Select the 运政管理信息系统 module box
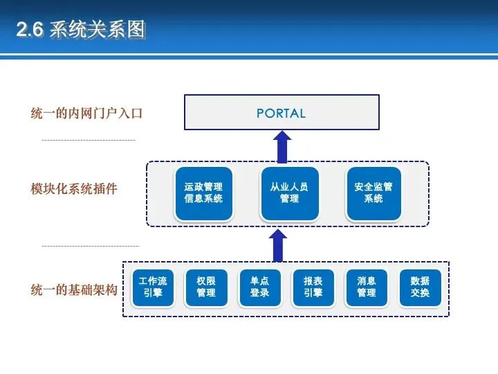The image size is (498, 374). pos(204,193)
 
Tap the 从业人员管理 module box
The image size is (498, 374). pos(289,193)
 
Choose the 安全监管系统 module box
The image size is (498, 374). pos(373,193)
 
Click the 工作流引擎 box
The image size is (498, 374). pos(152,287)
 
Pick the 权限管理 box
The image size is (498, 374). pos(206,287)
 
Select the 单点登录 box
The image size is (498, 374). pos(259,287)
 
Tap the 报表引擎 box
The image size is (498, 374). pos(313,287)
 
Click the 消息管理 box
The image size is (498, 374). pos(367,287)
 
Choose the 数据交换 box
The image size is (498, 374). pos(420,287)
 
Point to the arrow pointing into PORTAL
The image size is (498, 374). pos(282,147)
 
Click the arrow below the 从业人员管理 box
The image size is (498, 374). pos(277,245)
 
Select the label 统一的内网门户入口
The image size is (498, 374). pos(86,113)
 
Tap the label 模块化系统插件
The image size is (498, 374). pos(74,188)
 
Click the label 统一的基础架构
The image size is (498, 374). pos(74,289)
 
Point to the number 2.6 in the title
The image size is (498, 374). pos(30,30)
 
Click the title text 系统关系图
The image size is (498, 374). pos(98,30)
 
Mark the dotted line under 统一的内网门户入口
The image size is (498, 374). pos(89,141)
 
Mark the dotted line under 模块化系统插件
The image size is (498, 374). pos(91,246)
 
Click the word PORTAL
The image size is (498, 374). pos(281,113)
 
